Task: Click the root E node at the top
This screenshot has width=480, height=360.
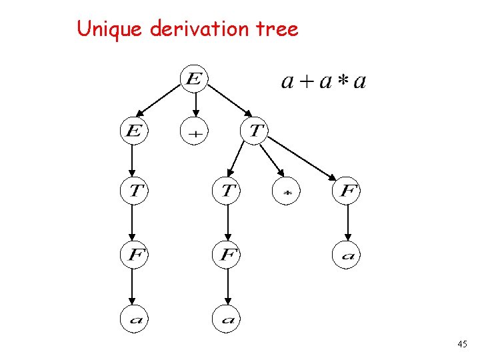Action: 194,79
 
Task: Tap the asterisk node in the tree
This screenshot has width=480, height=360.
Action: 287,191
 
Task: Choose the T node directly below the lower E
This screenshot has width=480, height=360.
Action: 133,191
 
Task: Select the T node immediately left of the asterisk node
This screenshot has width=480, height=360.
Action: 227,191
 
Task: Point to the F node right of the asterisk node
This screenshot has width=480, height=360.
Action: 347,191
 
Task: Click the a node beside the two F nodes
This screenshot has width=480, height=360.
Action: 347,255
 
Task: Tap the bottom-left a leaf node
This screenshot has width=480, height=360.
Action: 133,319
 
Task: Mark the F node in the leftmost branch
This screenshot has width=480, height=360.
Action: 133,255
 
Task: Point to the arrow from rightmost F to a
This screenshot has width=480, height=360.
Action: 347,223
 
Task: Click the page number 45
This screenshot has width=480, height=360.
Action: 463,344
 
